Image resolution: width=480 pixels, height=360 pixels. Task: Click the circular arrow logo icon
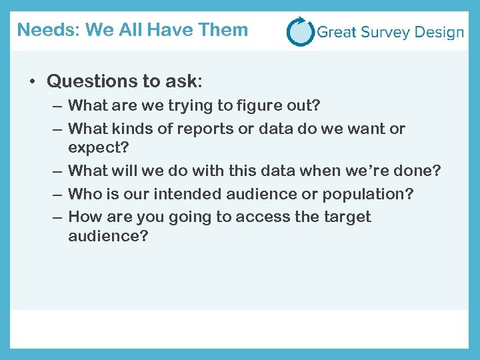point(300,31)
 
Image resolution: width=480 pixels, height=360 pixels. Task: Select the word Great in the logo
point(337,32)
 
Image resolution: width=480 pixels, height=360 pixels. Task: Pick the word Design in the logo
point(438,33)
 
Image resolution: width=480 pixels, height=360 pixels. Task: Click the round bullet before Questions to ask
point(31,82)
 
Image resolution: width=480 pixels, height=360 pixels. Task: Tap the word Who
point(84,194)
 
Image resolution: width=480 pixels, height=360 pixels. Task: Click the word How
point(84,217)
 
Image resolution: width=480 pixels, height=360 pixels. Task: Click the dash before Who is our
point(56,194)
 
